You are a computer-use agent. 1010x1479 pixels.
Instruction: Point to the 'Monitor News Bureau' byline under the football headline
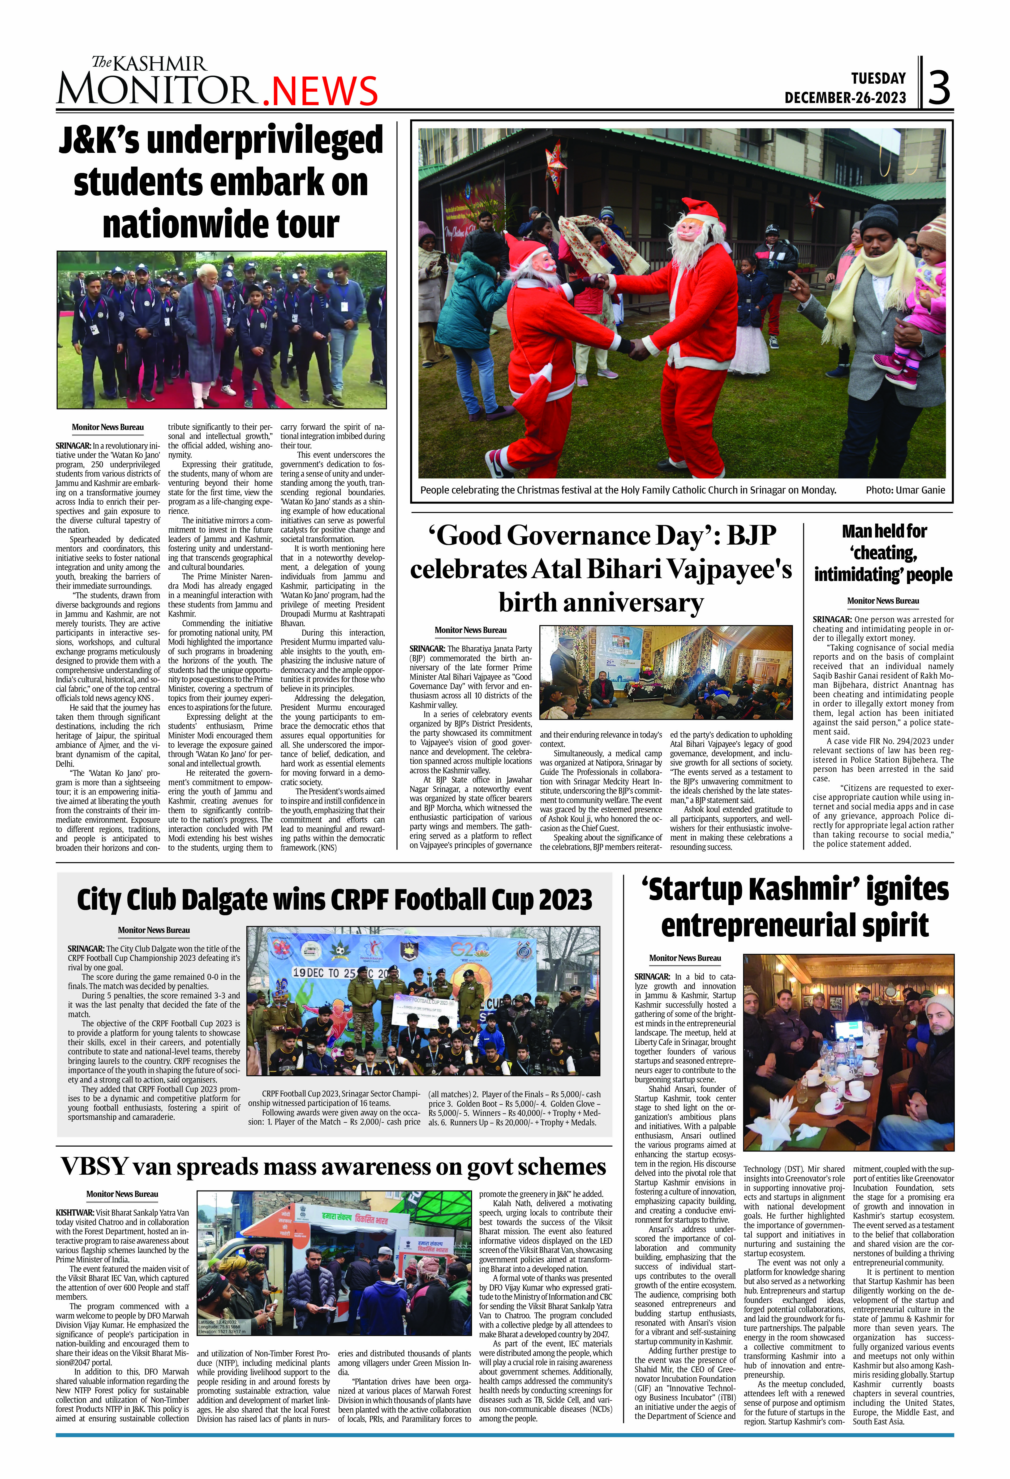pos(153,930)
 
